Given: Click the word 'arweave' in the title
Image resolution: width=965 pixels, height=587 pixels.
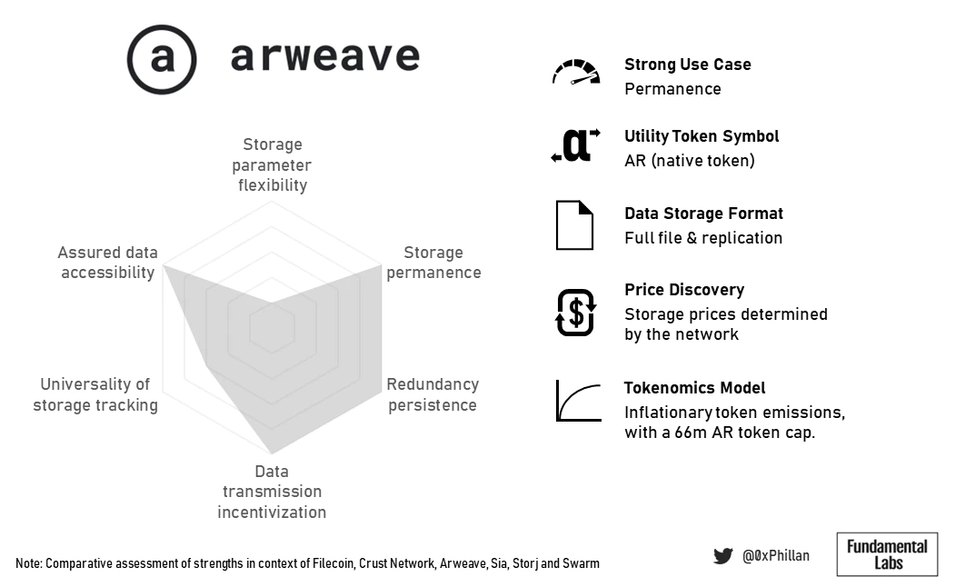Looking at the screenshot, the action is tap(325, 56).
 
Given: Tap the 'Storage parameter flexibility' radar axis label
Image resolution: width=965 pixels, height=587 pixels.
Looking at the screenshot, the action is tap(272, 164).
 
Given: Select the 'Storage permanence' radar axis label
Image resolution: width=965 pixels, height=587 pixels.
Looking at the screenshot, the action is tap(433, 262).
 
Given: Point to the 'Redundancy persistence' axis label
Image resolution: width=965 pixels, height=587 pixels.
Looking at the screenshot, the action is tap(433, 394).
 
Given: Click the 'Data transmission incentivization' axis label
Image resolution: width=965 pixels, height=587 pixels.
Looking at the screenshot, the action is tap(272, 492).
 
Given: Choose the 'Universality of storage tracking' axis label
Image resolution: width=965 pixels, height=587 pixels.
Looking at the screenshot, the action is tap(95, 394).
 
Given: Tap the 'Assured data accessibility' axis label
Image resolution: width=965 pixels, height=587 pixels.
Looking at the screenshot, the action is tap(108, 262).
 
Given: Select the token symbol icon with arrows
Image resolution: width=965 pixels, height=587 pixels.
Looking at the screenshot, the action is tap(576, 145).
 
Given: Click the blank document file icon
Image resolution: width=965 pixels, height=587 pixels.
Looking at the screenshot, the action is tap(574, 225).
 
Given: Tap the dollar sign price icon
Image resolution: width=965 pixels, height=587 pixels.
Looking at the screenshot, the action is tap(576, 313).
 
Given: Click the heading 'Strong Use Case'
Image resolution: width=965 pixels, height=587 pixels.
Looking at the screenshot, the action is tap(688, 65).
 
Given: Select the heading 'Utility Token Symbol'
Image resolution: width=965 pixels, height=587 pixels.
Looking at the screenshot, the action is tap(701, 136).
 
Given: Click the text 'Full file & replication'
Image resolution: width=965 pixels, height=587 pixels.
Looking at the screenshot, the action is tap(703, 238).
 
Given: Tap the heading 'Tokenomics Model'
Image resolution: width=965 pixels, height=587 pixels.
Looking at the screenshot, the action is tap(694, 388).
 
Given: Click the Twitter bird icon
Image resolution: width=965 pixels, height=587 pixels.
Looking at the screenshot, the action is tap(723, 555).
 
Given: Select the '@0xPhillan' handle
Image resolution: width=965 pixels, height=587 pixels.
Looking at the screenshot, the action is tap(775, 555).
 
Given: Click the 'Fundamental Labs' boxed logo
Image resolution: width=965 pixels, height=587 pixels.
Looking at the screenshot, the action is tap(887, 554).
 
